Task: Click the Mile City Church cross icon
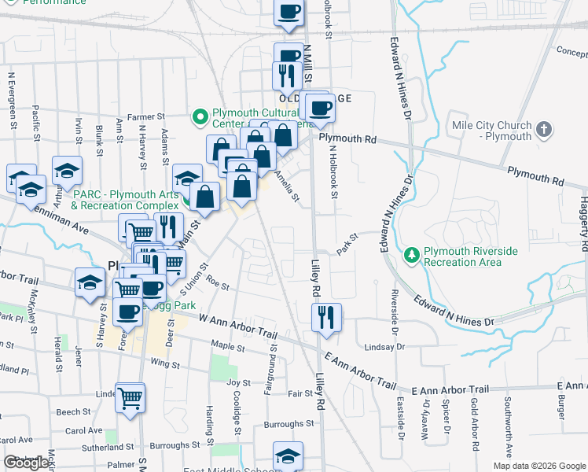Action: [x=544, y=129]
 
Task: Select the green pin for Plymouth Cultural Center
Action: [x=200, y=117]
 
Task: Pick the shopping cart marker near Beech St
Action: [x=130, y=396]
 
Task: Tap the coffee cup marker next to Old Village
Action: [x=320, y=107]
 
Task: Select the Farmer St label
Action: [x=146, y=117]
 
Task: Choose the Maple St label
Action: [x=229, y=346]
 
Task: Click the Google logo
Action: [x=27, y=463]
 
